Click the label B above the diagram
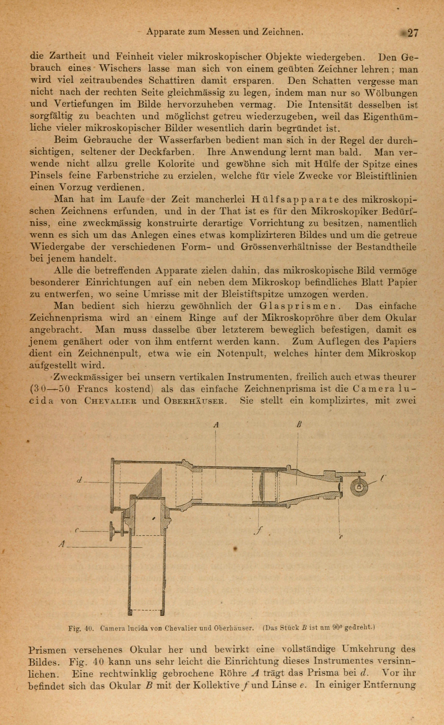tap(299, 425)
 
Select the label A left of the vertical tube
tap(62, 545)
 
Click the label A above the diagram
tap(216, 425)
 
